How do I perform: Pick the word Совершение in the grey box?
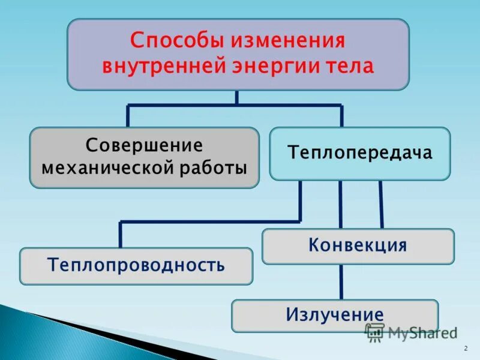pyautogui.click(x=144, y=145)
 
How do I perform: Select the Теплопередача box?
pyautogui.click(x=359, y=153)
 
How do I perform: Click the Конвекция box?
pyautogui.click(x=358, y=245)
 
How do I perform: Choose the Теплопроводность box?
pyautogui.click(x=136, y=265)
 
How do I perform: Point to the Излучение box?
pyautogui.click(x=334, y=315)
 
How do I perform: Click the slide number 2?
pyautogui.click(x=466, y=349)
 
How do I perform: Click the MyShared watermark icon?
pyautogui.click(x=375, y=332)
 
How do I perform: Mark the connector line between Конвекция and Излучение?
pyautogui.click(x=341, y=281)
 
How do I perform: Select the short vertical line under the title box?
pyautogui.click(x=237, y=98)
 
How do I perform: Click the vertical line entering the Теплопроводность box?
pyautogui.click(x=121, y=235)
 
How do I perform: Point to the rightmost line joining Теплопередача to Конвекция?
pyautogui.click(x=381, y=204)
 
